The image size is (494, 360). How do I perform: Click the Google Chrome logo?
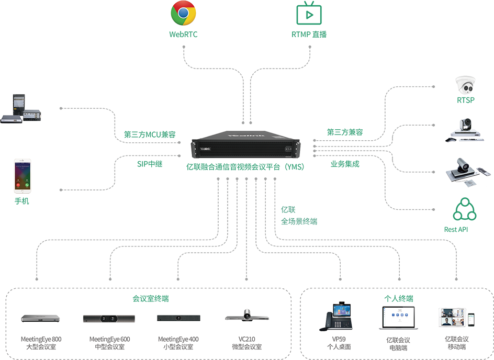[x=183, y=14]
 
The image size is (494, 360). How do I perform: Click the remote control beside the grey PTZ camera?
[x=485, y=172]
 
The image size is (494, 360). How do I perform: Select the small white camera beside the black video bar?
[x=248, y=314]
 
